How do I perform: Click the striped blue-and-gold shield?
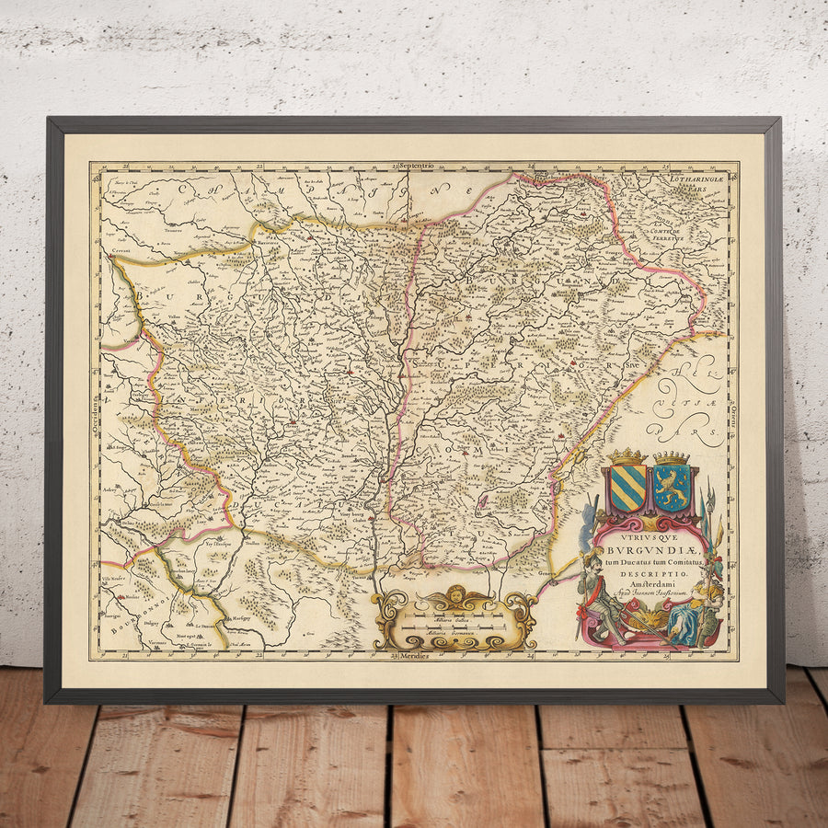[627, 489]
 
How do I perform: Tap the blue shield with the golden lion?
[672, 489]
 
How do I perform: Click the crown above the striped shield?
[627, 456]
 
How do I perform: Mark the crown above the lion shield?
[672, 457]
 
